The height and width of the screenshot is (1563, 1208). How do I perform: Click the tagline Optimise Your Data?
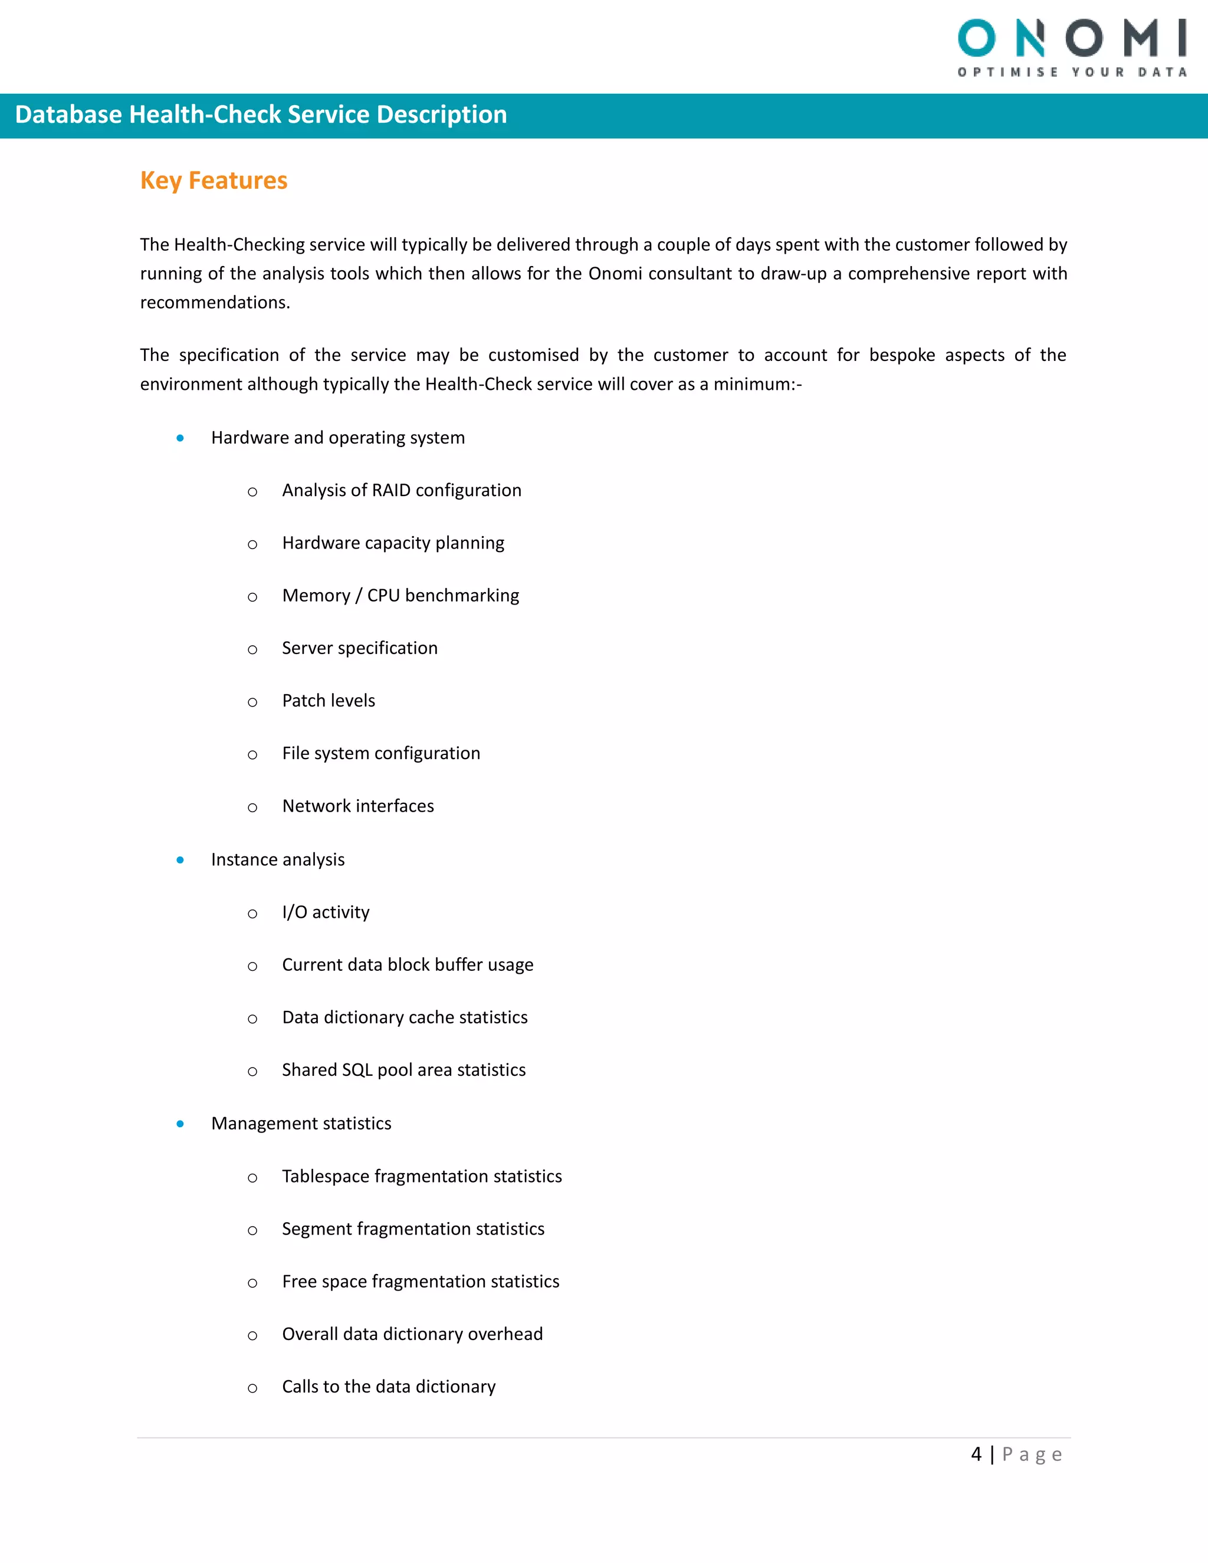[x=1072, y=73]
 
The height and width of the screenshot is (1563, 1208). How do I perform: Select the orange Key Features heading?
[x=214, y=180]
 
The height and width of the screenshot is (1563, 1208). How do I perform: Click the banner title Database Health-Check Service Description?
[x=261, y=114]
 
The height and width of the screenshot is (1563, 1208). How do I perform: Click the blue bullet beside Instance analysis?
[x=180, y=859]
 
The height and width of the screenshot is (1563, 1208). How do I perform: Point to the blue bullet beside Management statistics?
[x=180, y=1124]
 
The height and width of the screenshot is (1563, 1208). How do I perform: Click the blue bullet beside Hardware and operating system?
[x=180, y=438]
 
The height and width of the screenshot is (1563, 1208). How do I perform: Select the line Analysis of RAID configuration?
[x=402, y=490]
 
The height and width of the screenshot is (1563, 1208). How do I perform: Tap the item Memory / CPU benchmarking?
[x=400, y=596]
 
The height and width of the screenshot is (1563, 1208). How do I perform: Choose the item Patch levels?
[x=329, y=701]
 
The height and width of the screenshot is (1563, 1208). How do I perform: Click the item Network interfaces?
[x=358, y=806]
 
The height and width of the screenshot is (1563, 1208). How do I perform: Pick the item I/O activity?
[x=326, y=912]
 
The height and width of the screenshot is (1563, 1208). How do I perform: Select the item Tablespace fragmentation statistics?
[x=422, y=1176]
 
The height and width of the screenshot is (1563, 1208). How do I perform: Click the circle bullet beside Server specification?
[x=252, y=649]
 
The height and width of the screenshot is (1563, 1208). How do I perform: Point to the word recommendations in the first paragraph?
[x=215, y=303]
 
